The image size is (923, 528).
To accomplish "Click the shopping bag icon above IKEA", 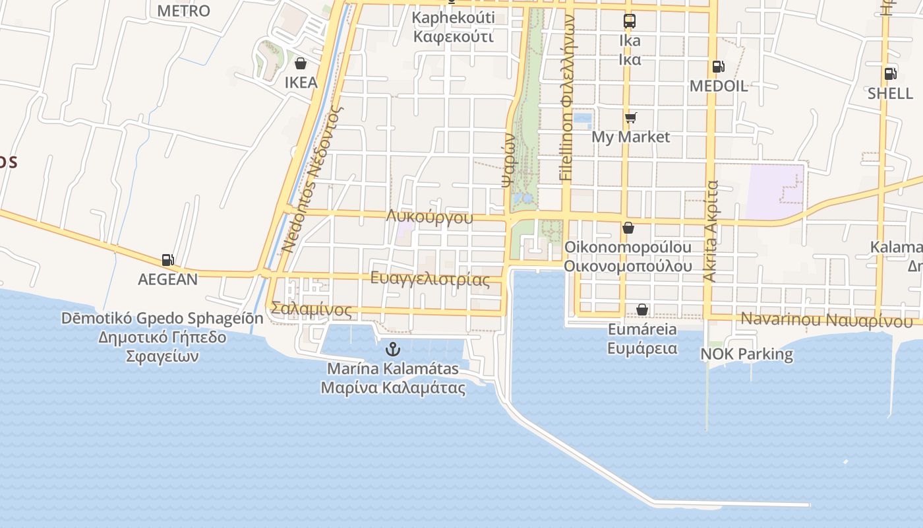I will [x=301, y=63].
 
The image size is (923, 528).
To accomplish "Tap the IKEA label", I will [x=301, y=82].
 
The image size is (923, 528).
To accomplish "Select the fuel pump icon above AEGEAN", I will [x=168, y=260].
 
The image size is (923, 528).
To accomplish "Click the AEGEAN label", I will [x=167, y=279].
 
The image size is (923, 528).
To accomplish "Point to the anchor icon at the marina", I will [x=393, y=348].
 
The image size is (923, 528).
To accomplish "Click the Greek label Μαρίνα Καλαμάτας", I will [x=393, y=387].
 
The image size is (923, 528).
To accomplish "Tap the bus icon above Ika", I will [x=630, y=21].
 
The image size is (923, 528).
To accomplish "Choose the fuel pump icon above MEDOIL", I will [x=718, y=67].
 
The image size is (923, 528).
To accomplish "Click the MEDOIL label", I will [x=718, y=86].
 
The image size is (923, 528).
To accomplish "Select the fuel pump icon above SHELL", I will [x=890, y=74].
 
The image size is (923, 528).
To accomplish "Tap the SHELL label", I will [x=890, y=93].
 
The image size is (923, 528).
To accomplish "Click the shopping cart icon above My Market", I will [x=631, y=117].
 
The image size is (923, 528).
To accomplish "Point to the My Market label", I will [x=630, y=137].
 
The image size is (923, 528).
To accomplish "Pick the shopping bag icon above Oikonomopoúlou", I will [x=628, y=228].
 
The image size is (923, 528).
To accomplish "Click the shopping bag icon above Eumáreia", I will [x=642, y=310].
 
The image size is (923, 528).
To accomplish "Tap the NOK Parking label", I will [x=746, y=354].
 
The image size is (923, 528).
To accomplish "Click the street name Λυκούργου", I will [x=430, y=216].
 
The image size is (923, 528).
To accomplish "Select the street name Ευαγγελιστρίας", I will [x=430, y=279].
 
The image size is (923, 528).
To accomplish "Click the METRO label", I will [x=183, y=11].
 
